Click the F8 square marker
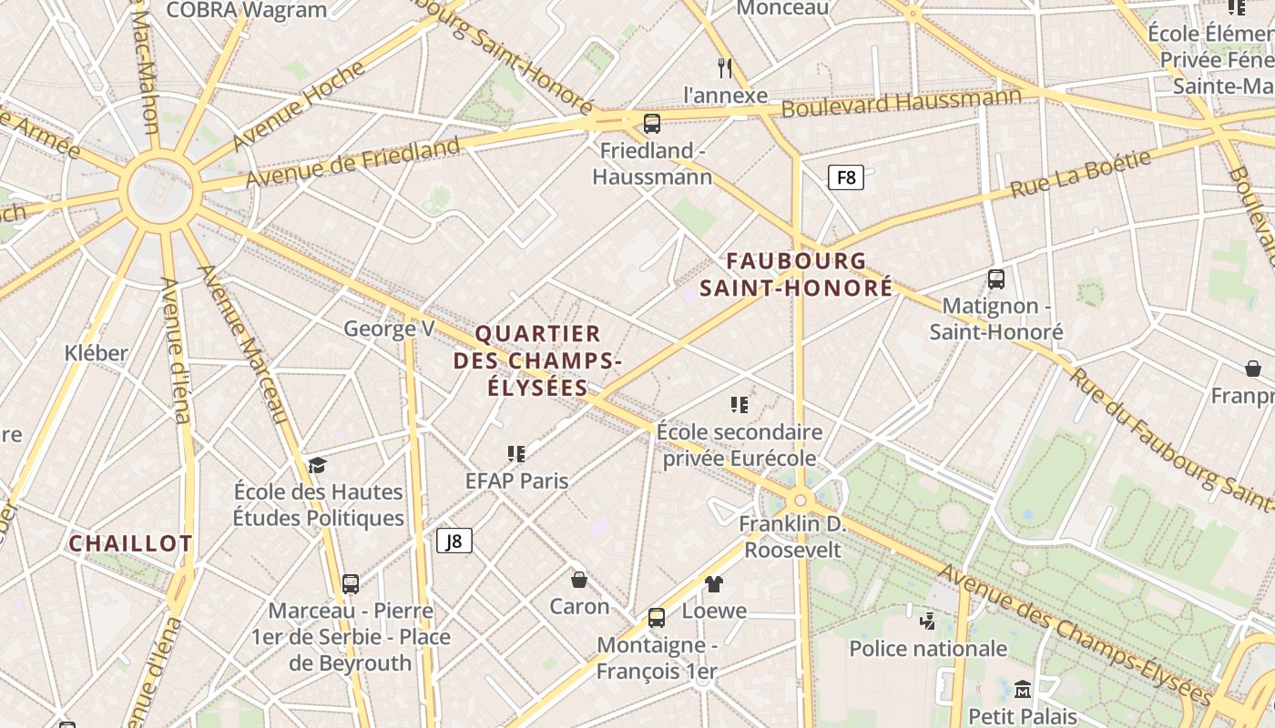(845, 177)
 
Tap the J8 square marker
(454, 541)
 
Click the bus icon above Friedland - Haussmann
(652, 124)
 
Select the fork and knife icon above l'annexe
(725, 67)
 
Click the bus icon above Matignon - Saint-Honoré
(996, 279)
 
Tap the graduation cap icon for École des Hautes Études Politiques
(317, 465)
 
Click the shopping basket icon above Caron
(579, 580)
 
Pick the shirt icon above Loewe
(714, 584)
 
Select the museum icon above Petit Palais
(1022, 689)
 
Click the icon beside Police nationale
(928, 622)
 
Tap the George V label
(389, 329)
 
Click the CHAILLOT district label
(131, 544)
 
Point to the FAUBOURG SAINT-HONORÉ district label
(796, 275)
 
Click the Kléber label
(97, 353)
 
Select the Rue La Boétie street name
(1081, 175)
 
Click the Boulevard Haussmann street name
(902, 101)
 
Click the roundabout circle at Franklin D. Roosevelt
(801, 500)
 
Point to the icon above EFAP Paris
(516, 453)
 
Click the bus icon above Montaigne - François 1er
(657, 618)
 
